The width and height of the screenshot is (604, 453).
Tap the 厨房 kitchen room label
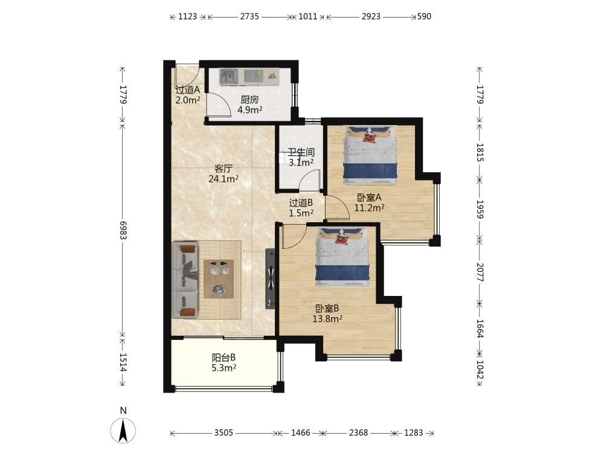click(249, 100)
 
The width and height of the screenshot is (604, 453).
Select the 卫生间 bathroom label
click(301, 152)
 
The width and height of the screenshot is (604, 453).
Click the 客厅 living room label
click(223, 169)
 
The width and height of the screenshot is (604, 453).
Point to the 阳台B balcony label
click(224, 358)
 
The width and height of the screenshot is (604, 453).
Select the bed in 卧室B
click(342, 257)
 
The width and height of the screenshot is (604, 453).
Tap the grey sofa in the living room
click(185, 280)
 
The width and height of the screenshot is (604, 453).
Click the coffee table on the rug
click(219, 279)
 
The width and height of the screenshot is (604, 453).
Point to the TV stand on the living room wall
click(271, 278)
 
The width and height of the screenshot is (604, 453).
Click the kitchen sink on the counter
click(229, 76)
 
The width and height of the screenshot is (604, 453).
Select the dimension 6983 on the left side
click(123, 230)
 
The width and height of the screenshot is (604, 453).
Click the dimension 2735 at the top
click(249, 16)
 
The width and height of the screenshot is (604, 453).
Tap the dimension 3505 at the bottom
click(223, 432)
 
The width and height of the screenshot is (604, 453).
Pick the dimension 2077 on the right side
click(480, 272)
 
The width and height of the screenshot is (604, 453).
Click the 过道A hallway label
click(188, 90)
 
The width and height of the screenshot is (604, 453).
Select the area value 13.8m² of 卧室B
click(327, 318)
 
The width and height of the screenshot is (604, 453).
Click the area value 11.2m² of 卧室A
click(370, 208)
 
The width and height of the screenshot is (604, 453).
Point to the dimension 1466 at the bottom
click(300, 432)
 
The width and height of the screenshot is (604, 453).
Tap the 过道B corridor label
click(301, 202)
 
